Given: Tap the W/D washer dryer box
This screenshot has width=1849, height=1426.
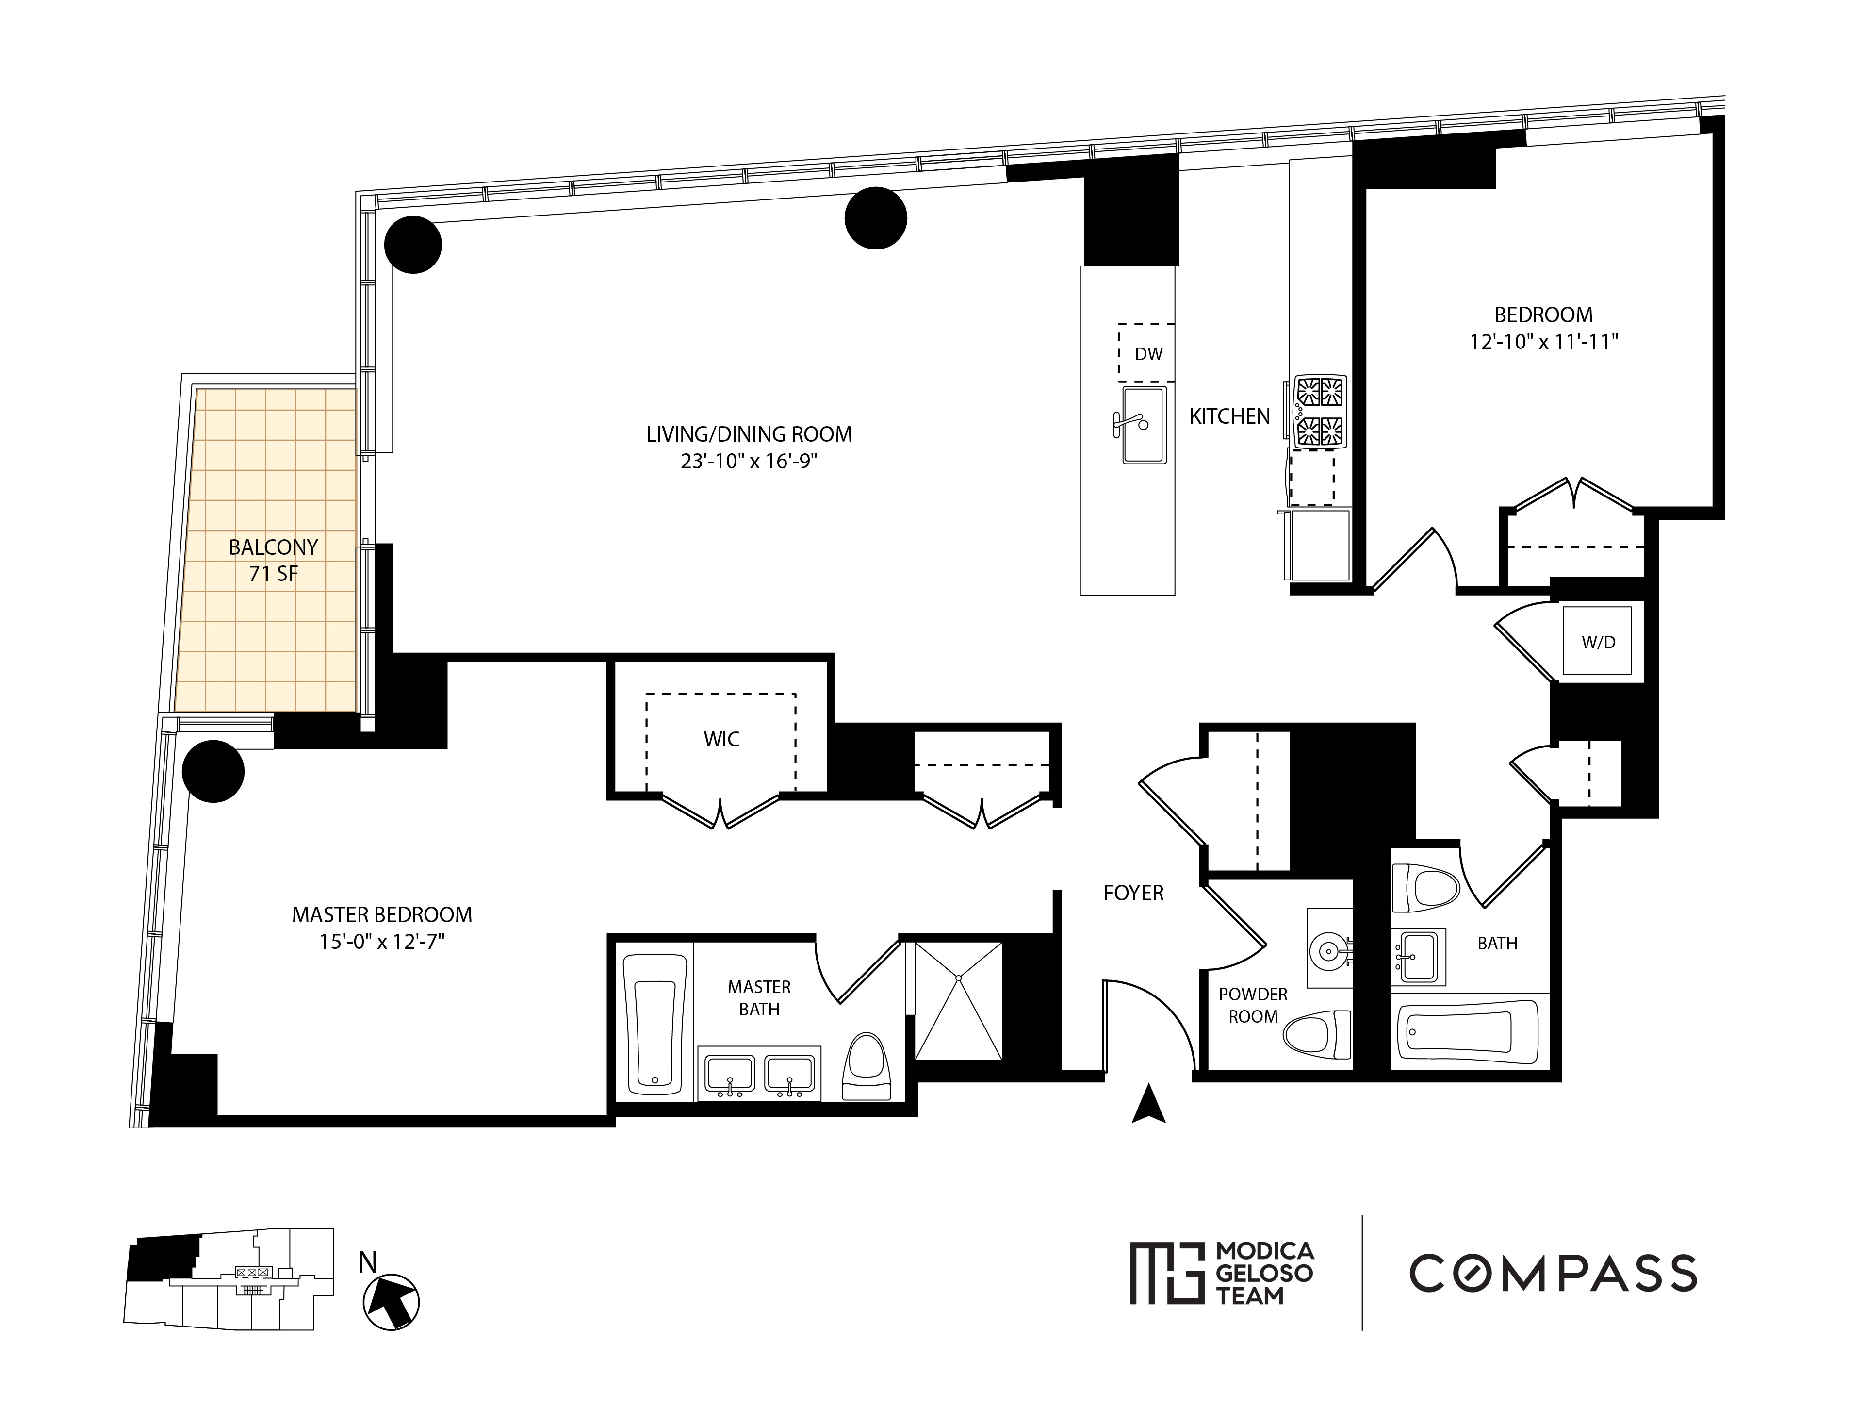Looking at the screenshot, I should [1598, 642].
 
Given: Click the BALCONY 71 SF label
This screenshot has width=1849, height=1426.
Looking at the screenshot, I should [273, 560].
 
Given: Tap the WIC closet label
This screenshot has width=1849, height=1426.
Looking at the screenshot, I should [721, 739].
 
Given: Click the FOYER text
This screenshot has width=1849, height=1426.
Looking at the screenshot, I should [1133, 893].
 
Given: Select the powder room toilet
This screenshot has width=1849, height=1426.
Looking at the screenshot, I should [1317, 1034].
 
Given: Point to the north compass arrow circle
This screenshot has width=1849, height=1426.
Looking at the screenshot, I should [391, 1302].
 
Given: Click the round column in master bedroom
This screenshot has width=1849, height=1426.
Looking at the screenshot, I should [213, 771].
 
